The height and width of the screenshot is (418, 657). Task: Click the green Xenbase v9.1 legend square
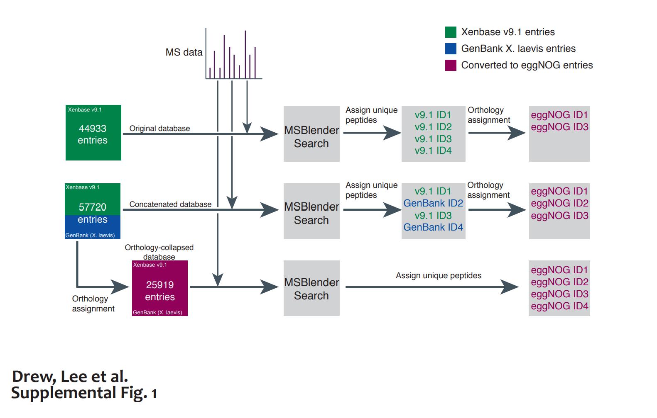coord(451,32)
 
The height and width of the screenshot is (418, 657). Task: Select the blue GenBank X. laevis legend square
coord(451,49)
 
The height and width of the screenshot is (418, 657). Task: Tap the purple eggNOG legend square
coord(451,66)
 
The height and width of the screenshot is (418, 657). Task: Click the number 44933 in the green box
coord(93,129)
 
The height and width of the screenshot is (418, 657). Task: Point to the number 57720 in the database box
coord(93,207)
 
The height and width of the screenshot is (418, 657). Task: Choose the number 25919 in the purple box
coord(160,285)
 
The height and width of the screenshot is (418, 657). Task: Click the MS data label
coord(184,53)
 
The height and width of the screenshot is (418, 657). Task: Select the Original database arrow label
coord(159,129)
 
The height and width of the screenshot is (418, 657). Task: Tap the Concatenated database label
coord(170,204)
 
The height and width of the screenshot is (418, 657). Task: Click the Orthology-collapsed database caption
coord(159,252)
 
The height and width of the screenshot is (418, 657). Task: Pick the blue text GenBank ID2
coord(433,203)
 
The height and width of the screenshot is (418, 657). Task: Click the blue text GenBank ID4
coord(433,227)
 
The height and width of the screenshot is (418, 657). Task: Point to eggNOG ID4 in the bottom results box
coord(559,306)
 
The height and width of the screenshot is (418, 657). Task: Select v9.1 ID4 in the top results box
coord(433,151)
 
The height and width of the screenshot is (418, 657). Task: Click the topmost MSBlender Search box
coord(311,134)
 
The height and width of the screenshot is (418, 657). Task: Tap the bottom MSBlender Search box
coord(311,288)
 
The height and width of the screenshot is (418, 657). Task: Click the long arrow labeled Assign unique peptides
coord(432,287)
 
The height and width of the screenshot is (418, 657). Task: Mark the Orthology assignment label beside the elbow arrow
coord(93,304)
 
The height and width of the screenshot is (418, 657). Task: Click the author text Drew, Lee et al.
coord(70,377)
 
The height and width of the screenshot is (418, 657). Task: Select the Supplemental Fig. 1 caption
coord(84,393)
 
